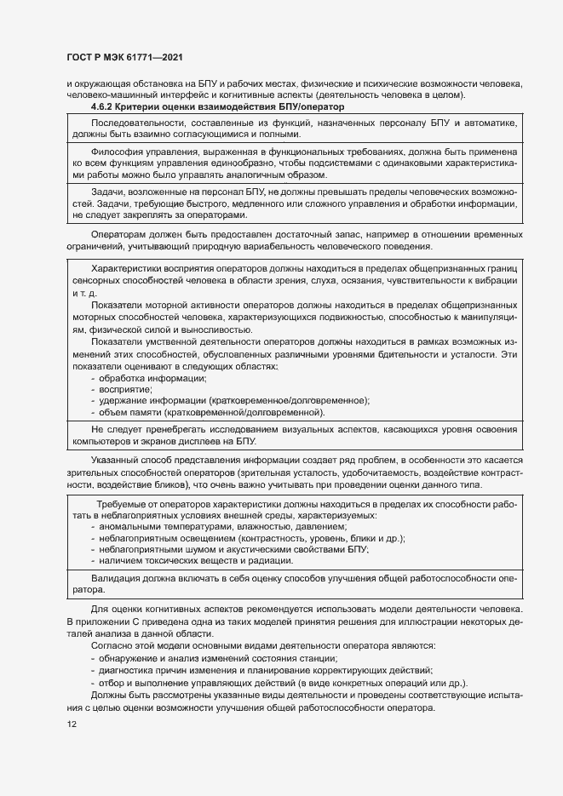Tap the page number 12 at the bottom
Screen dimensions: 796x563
coord(72,724)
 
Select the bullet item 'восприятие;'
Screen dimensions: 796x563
coord(120,388)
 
